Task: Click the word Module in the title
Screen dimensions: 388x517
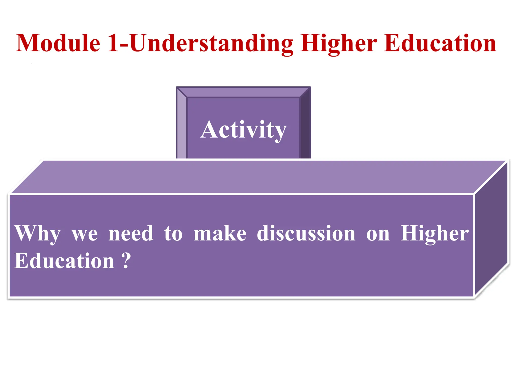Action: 58,43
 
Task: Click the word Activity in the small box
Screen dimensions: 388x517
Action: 243,130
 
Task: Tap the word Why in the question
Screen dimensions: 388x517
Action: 37,234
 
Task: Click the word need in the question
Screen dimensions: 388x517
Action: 131,233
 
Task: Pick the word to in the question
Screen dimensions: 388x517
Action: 173,234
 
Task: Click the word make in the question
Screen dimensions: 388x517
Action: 220,233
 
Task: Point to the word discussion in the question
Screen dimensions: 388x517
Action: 306,233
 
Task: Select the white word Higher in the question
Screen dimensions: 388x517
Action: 434,234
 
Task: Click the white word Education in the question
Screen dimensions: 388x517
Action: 64,261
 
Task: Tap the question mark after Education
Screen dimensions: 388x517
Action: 126,261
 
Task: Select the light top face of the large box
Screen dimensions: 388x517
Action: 252,177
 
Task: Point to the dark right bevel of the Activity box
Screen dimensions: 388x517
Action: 305,124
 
